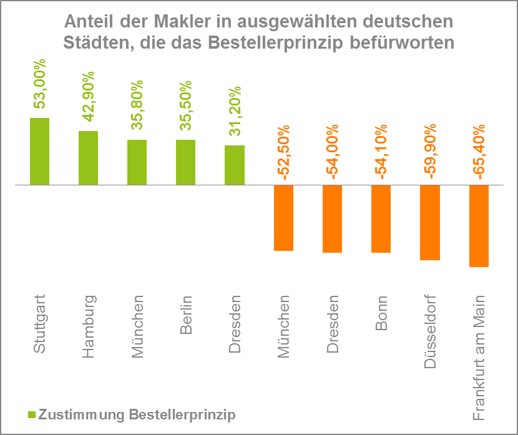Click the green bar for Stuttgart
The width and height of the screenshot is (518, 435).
(39, 152)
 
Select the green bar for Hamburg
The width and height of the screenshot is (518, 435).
(88, 158)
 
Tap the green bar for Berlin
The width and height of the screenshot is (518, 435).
(185, 162)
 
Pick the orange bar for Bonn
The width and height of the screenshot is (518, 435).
(381, 219)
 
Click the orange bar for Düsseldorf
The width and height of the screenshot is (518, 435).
(429, 223)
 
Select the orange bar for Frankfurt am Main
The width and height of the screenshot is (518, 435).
(478, 226)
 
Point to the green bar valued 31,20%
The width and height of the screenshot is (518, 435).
(234, 165)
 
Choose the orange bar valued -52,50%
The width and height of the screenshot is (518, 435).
(283, 218)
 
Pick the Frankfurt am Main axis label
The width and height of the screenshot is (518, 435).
(479, 359)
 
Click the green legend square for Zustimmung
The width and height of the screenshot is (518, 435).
(32, 414)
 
